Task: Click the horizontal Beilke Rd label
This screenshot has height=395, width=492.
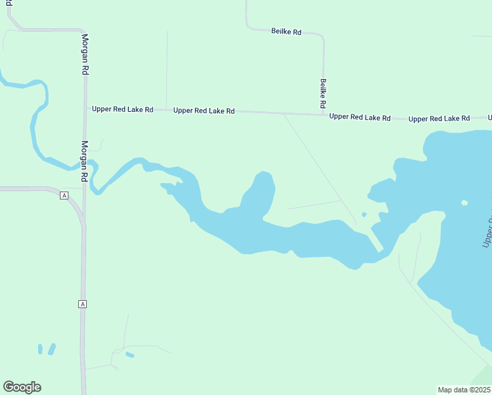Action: point(286,31)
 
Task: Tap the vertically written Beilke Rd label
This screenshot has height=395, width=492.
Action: point(323,93)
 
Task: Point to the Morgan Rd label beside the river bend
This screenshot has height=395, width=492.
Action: point(84,161)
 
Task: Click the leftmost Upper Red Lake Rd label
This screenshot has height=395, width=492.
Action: point(122,109)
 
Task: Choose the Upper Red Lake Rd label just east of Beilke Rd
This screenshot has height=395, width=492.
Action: point(360,117)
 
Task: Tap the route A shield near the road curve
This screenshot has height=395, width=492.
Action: point(64,196)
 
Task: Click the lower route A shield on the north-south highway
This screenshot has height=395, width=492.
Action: point(82,303)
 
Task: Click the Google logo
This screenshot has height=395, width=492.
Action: point(22,387)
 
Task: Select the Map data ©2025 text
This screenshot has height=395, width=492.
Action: point(464,390)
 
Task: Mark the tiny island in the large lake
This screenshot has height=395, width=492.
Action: point(464,202)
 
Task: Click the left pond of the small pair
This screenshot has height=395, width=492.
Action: point(41,349)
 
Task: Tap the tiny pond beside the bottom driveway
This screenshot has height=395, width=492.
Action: point(130,355)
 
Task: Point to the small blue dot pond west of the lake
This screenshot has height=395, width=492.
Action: point(364,214)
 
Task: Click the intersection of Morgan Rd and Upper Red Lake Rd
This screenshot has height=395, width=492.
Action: point(86,109)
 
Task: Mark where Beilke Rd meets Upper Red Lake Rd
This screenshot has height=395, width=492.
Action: point(324,115)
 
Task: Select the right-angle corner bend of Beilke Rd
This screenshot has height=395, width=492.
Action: point(322,36)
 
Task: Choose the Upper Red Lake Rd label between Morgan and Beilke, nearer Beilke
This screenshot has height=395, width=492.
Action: point(204,111)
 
